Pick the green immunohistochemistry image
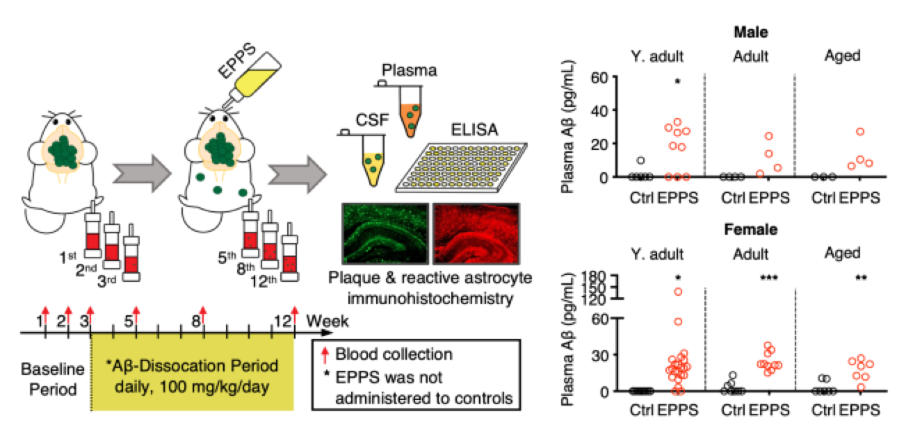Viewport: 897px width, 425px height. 385,234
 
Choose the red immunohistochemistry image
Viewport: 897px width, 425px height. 476,234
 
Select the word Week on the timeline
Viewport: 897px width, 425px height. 328,321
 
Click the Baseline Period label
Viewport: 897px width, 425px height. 52,379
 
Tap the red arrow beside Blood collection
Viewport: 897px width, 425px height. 325,355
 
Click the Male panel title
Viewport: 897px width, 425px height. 751,32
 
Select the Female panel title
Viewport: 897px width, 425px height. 751,229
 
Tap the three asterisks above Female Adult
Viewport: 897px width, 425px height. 769,278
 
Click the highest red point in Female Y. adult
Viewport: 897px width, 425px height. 678,292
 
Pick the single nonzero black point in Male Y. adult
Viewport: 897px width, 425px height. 640,160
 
